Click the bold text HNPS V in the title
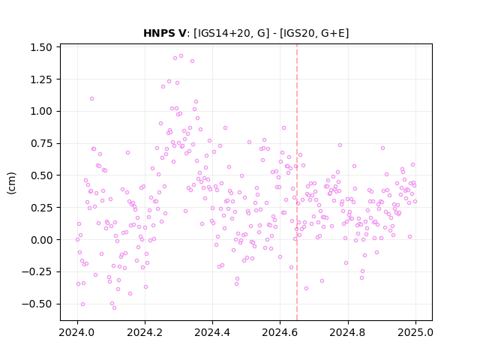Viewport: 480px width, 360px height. point(164,33)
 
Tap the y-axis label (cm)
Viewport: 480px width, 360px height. point(11,183)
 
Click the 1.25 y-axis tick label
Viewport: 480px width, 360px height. point(41,79)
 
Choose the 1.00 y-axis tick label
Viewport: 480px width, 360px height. point(41,111)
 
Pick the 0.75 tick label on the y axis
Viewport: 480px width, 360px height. point(41,143)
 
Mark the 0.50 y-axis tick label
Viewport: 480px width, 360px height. point(41,175)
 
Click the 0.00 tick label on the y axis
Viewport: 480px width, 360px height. point(41,240)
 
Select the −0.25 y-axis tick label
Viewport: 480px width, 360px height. point(37,271)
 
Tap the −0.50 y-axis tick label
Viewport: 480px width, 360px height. point(37,304)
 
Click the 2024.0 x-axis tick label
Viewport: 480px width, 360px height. point(77,332)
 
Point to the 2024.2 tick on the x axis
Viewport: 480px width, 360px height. point(145,332)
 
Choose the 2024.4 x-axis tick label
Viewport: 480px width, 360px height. point(212,332)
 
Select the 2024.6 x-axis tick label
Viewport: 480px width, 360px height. point(280,332)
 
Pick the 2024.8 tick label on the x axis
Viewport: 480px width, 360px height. point(348,332)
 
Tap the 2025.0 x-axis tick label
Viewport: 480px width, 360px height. point(415,332)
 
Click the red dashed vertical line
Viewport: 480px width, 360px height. point(297,182)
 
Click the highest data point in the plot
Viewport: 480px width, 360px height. point(181,56)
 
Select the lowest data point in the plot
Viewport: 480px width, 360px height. point(114,307)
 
